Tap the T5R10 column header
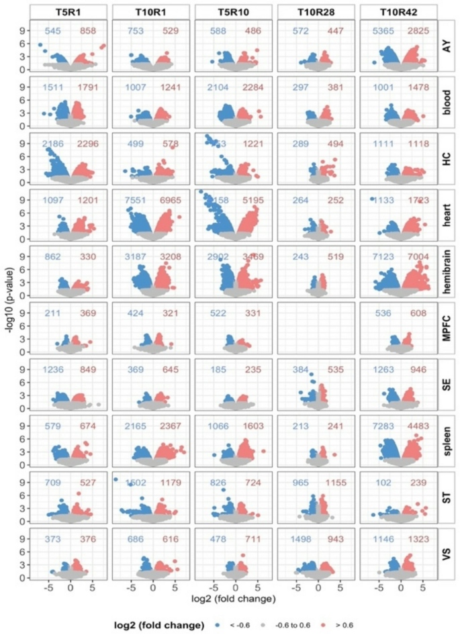232,11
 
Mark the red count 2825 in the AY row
416,31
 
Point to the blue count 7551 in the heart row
134,200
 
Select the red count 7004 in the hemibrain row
416,256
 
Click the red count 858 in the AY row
88,31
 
